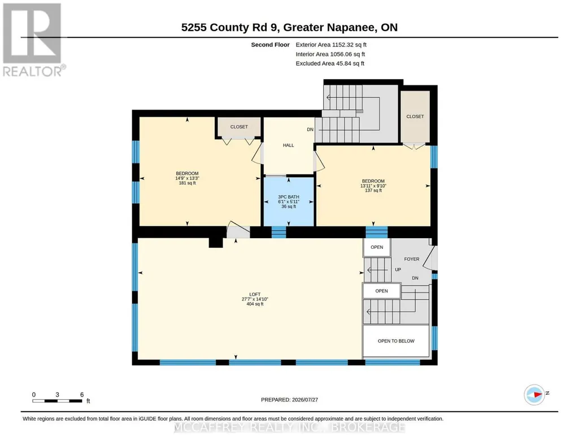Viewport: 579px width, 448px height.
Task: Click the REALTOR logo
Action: (34, 40)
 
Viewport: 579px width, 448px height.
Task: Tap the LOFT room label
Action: (255, 294)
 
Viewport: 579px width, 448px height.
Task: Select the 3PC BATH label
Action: (289, 197)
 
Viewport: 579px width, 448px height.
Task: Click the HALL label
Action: (289, 145)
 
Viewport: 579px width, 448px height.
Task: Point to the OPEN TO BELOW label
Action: (396, 341)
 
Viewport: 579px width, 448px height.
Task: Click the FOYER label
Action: (411, 259)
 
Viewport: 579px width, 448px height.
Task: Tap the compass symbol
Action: (534, 395)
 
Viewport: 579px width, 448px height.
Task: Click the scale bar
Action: (57, 400)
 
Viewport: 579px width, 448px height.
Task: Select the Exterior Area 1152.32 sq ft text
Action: (331, 45)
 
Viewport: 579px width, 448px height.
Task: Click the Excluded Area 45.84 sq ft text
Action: (330, 63)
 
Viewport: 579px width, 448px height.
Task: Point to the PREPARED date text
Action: (289, 399)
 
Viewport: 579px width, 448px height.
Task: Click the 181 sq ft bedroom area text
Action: (187, 183)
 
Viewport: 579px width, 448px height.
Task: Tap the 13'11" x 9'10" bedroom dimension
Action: (373, 186)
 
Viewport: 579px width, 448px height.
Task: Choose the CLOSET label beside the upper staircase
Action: (415, 117)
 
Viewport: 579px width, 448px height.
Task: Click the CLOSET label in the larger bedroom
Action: (239, 127)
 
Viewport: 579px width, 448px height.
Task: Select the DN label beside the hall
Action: (310, 130)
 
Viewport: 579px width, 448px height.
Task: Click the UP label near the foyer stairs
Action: (398, 269)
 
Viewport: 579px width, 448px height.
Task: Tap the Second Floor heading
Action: (271, 45)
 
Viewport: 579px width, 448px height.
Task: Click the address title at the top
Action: (289, 27)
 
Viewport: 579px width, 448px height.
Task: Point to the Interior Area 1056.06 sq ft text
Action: (330, 54)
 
